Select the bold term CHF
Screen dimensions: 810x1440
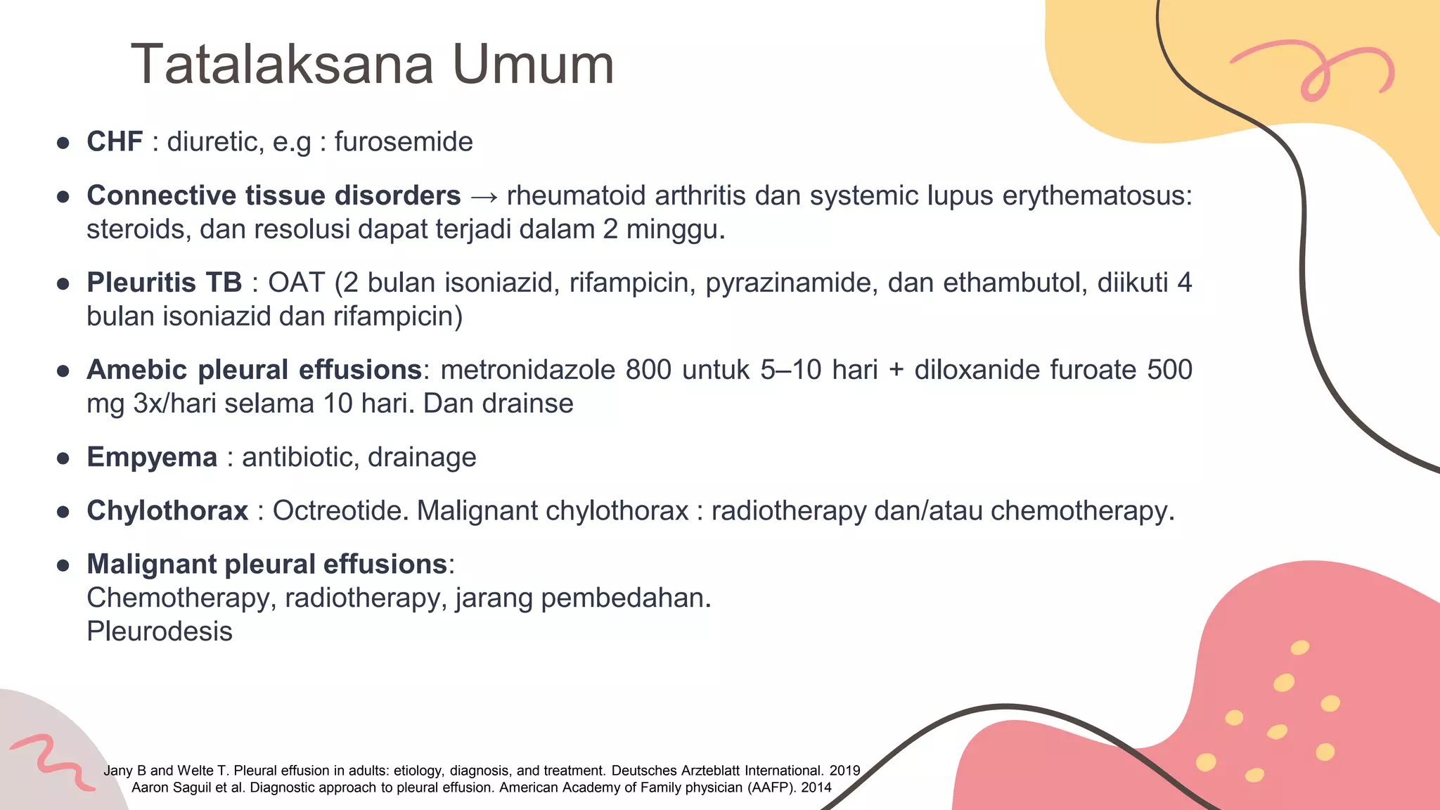[115, 142]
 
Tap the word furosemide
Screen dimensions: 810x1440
[403, 142]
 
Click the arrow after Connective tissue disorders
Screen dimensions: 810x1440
[484, 197]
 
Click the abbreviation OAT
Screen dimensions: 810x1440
[296, 283]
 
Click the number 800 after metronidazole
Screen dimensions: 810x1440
[648, 370]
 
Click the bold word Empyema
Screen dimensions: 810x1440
[152, 457]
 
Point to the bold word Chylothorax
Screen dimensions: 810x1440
[167, 510]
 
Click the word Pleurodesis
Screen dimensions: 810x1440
[160, 631]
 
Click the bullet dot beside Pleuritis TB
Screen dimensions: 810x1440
[63, 284]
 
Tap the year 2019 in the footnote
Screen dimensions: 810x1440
[844, 771]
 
